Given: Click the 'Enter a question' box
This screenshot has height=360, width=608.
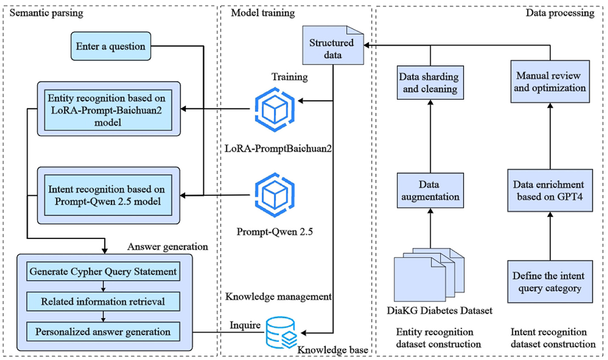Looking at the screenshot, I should click(x=110, y=47).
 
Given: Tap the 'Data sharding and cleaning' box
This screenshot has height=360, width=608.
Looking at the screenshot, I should click(x=430, y=83).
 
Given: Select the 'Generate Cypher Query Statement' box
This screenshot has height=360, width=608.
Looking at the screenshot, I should click(x=103, y=272).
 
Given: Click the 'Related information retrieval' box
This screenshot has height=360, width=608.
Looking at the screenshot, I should click(x=103, y=302).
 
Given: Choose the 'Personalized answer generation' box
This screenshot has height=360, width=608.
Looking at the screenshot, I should click(x=103, y=332).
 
